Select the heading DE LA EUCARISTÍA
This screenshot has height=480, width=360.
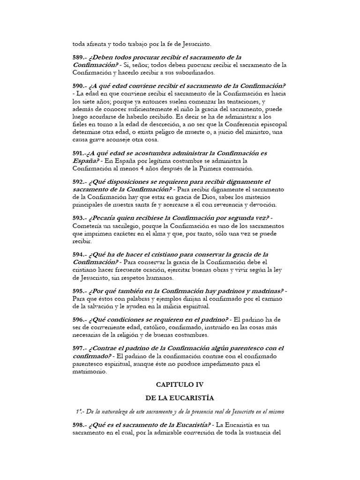point(180,398)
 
